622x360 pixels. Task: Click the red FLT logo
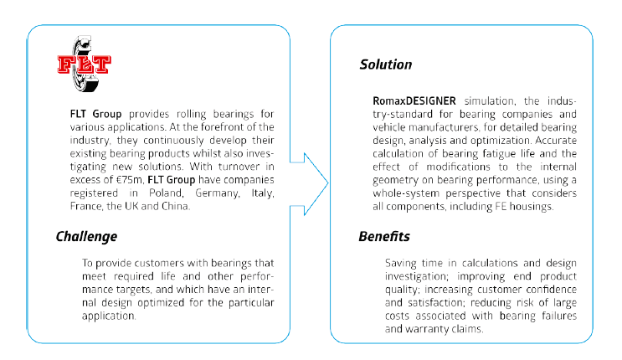(x=85, y=64)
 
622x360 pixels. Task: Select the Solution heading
(x=386, y=64)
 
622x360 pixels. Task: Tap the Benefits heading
(x=386, y=236)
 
